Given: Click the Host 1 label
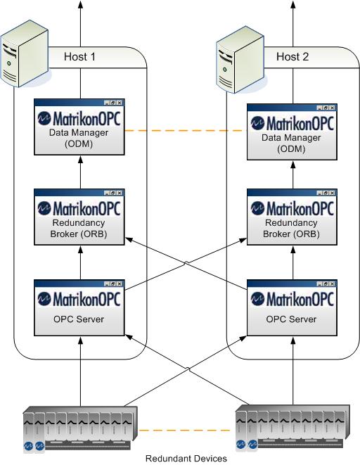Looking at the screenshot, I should coord(79,57).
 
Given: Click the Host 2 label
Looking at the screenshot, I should coord(292,57).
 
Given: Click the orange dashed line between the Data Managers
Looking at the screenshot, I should coord(186,131).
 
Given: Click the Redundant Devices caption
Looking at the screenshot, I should coord(186,459).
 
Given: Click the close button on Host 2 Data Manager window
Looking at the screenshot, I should coord(333,107).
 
